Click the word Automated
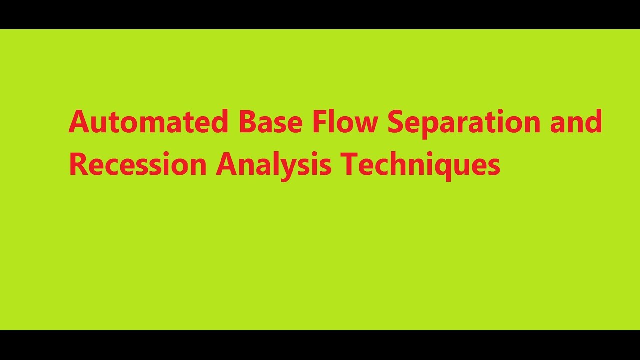point(148,122)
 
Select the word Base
point(270,122)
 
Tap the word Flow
point(345,122)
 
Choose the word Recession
point(137,165)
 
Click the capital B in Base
point(247,122)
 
